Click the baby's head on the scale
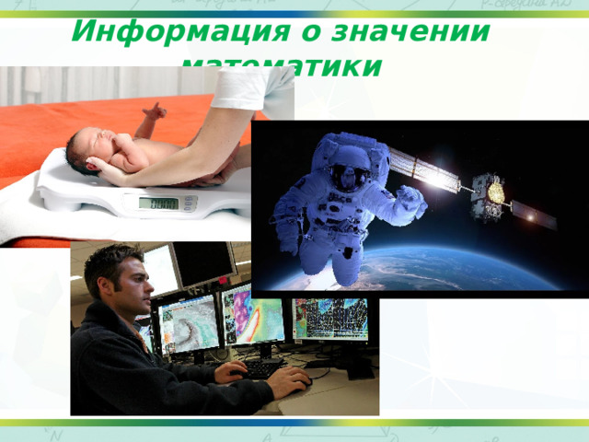(x=85, y=147)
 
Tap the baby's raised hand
(x=155, y=110)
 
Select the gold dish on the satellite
(x=495, y=192)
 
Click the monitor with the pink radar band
(x=254, y=318)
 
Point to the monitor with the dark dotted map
(x=332, y=319)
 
